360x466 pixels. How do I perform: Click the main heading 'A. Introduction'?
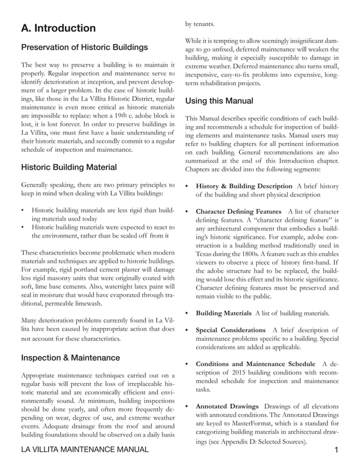coord(58,28)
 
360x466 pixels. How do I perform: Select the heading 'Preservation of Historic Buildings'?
coord(85,47)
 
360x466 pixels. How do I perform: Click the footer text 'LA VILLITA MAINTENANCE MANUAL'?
coord(85,450)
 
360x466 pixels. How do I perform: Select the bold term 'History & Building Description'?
coord(242,186)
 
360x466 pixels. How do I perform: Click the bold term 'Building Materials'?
coord(223,313)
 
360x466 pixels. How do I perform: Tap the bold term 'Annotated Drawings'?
coord(227,406)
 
